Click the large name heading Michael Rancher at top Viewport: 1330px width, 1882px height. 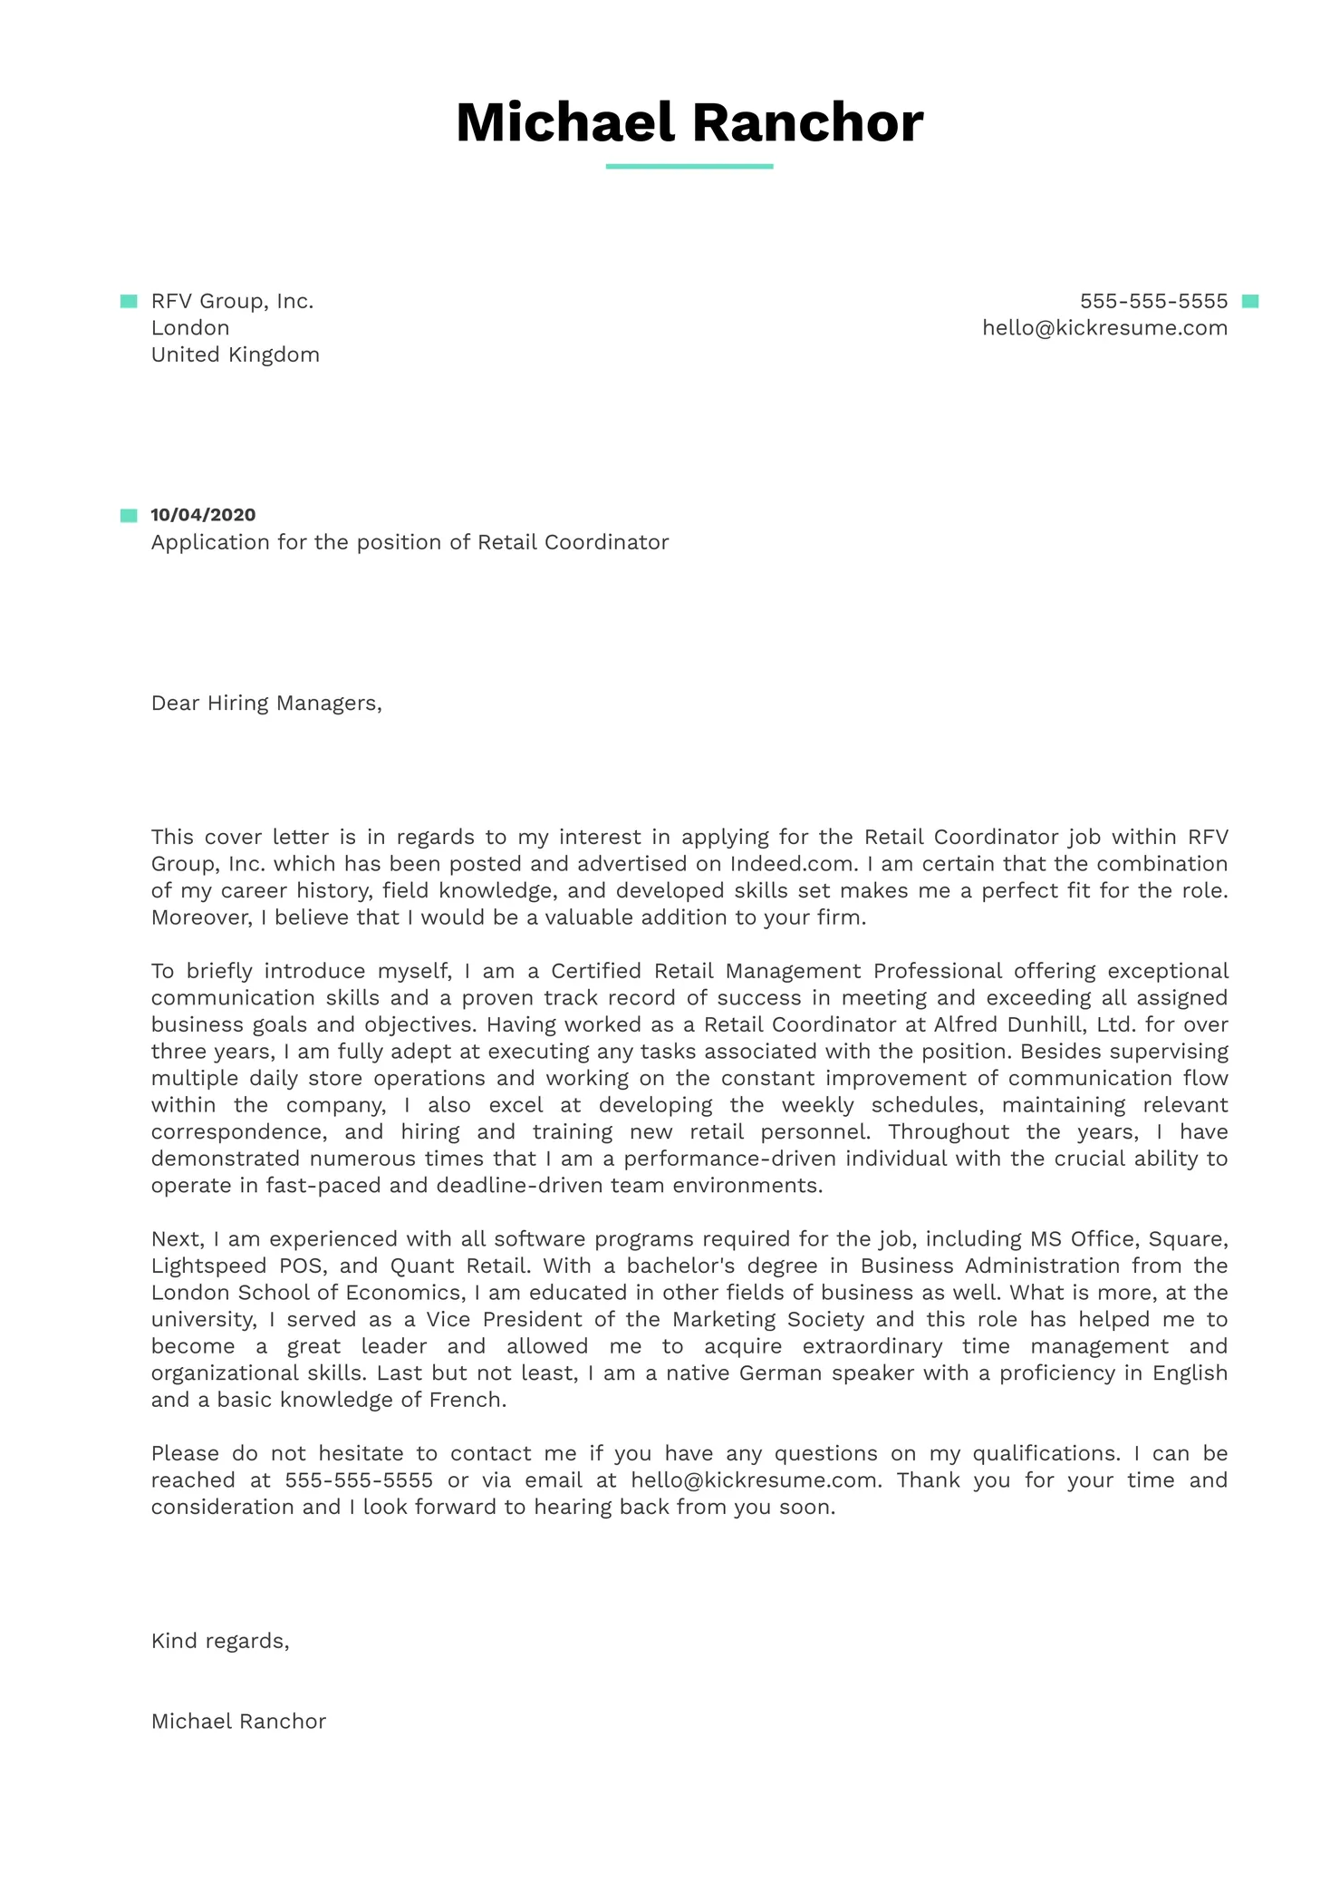(689, 122)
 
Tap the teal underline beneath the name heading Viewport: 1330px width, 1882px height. (689, 167)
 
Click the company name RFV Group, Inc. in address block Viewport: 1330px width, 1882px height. (232, 301)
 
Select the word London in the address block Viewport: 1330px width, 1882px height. (190, 328)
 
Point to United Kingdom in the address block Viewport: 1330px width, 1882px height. (235, 354)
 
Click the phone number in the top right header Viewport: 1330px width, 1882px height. (1152, 301)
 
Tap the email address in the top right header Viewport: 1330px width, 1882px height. (1104, 328)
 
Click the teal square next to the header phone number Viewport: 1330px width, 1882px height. (1250, 301)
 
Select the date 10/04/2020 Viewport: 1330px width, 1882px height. (203, 515)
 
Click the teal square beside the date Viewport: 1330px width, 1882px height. (129, 516)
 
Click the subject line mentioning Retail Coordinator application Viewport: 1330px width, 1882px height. (410, 542)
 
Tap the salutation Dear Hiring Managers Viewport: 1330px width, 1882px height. (266, 703)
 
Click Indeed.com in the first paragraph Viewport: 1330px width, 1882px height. (793, 864)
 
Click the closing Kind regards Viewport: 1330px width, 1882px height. (220, 1641)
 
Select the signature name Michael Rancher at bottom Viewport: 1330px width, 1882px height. (238, 1722)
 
